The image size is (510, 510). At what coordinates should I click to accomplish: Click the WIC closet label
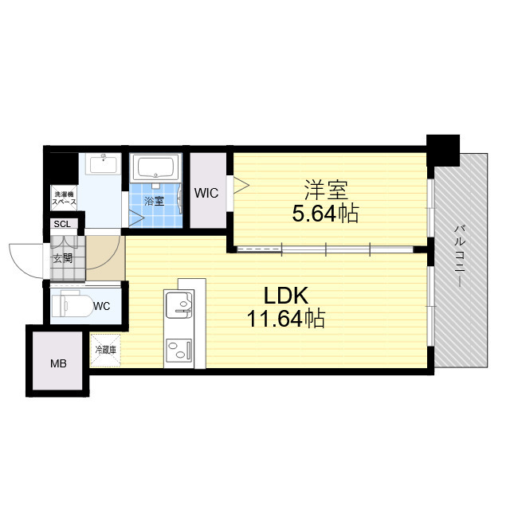pyautogui.click(x=206, y=193)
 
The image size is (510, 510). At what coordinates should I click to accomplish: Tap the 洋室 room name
pyautogui.click(x=326, y=190)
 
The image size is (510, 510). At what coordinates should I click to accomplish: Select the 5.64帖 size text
pyautogui.click(x=325, y=214)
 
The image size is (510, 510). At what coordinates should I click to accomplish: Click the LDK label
pyautogui.click(x=285, y=296)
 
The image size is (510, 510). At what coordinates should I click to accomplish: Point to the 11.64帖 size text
pyautogui.click(x=286, y=319)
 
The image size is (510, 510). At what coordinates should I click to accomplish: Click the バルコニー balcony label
pyautogui.click(x=460, y=256)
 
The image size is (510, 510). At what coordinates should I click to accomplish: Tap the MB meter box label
pyautogui.click(x=58, y=363)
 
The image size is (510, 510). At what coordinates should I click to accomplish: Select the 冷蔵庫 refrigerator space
pyautogui.click(x=105, y=351)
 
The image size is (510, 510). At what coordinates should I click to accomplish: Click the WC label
pyautogui.click(x=101, y=306)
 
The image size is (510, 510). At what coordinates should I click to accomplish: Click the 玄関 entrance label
pyautogui.click(x=63, y=258)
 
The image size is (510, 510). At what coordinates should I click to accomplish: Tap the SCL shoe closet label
pyautogui.click(x=62, y=224)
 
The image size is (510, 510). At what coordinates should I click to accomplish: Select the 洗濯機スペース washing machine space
pyautogui.click(x=64, y=198)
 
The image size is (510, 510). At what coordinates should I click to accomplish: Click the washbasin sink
pyautogui.click(x=103, y=163)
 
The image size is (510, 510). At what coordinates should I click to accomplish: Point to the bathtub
pyautogui.click(x=156, y=167)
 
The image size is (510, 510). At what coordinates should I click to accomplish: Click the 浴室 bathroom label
pyautogui.click(x=154, y=201)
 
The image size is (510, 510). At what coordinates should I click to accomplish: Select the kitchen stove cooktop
pyautogui.click(x=178, y=351)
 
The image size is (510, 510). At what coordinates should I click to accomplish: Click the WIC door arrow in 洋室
pyautogui.click(x=241, y=186)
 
